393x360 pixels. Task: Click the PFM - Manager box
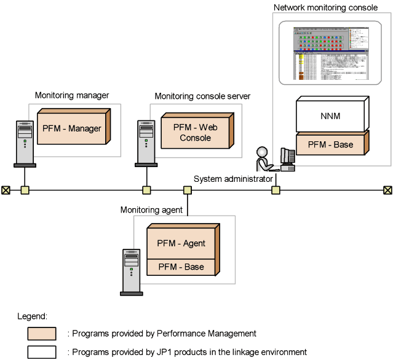click(71, 129)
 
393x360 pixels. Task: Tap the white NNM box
click(331, 115)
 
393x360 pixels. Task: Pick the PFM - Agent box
click(181, 243)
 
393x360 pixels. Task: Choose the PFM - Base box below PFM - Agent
click(181, 267)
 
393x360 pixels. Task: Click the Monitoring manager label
click(72, 95)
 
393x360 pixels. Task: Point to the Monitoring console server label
click(202, 96)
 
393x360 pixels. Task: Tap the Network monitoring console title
click(325, 8)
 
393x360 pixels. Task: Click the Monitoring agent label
click(151, 209)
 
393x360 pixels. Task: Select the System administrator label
click(232, 179)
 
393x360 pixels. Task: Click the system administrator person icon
click(263, 159)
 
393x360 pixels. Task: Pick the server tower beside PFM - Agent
click(131, 270)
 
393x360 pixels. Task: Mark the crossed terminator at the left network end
click(6, 190)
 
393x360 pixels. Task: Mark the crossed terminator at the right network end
click(387, 190)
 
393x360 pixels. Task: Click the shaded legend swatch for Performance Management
click(42, 334)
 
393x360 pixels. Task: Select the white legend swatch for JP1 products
click(42, 352)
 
